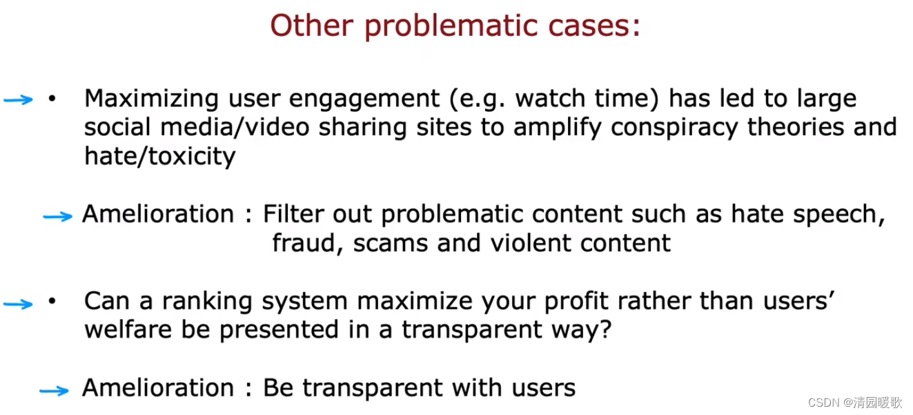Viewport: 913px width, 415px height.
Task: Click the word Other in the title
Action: [312, 26]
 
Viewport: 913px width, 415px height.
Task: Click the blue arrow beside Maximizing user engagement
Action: [18, 99]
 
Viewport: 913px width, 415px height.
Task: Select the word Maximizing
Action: [151, 99]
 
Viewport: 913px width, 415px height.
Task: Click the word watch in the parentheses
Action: [550, 99]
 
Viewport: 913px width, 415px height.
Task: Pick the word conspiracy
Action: [674, 128]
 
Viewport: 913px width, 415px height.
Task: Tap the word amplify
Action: [557, 128]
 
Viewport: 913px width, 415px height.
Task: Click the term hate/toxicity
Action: [160, 157]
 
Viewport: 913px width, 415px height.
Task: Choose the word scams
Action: [390, 244]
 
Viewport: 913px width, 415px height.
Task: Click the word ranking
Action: [207, 302]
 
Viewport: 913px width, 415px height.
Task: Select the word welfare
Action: [128, 329]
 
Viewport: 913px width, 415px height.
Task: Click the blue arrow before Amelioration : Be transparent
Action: [55, 391]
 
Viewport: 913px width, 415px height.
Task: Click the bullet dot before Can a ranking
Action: [52, 301]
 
